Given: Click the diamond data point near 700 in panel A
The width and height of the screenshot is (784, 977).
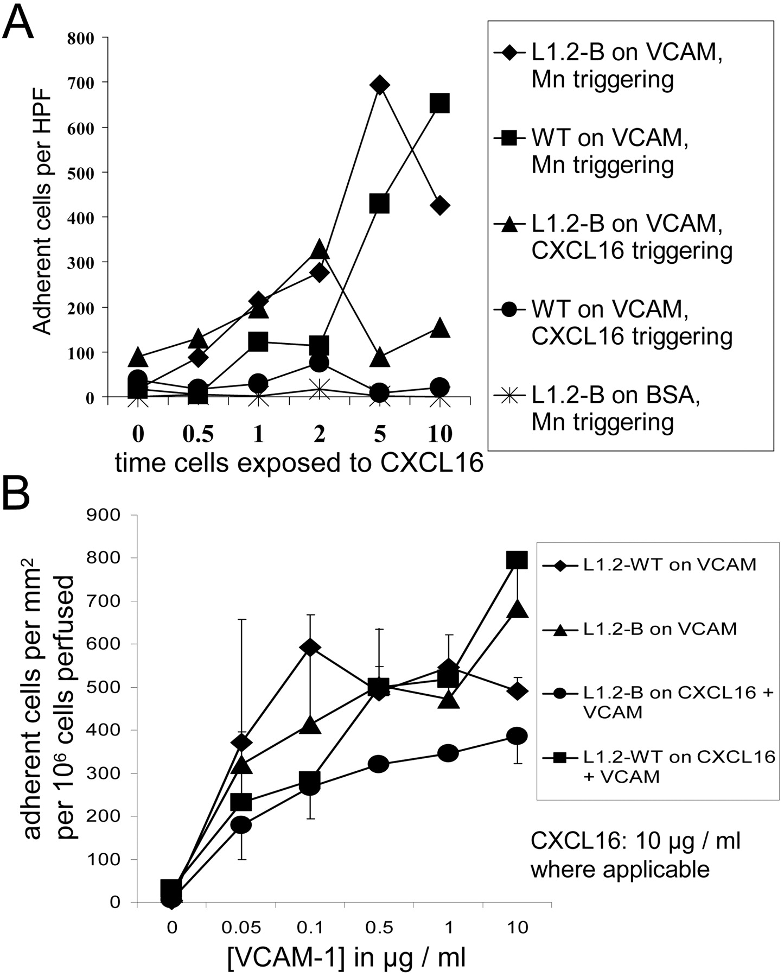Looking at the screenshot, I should click(379, 85).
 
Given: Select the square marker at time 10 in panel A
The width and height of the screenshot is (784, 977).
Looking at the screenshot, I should click(439, 103).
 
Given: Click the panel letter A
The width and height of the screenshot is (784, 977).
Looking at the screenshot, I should click(18, 22).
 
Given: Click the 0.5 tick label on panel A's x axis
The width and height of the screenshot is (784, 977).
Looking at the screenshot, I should click(198, 434).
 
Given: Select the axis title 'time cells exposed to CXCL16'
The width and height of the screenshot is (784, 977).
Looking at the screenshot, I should click(299, 464).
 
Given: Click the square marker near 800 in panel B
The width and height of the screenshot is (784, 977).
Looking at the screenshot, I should click(517, 560).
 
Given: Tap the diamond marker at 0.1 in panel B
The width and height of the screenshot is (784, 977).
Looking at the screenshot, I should click(310, 648).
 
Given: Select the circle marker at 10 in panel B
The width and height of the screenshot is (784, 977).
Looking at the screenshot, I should click(517, 736).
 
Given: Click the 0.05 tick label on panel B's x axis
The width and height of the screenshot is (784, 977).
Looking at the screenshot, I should click(241, 927).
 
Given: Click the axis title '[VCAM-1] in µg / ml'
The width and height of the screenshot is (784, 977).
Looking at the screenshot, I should click(346, 958).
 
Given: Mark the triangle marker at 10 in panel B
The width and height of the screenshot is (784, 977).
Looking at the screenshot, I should click(517, 609).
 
